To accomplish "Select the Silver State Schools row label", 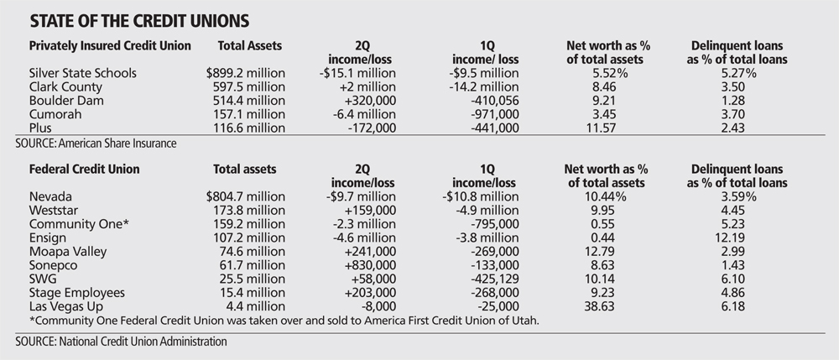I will point(82,72).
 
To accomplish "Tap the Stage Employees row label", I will point(76,292).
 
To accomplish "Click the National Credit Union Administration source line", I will point(122,342).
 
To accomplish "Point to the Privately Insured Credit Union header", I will point(110,44).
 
